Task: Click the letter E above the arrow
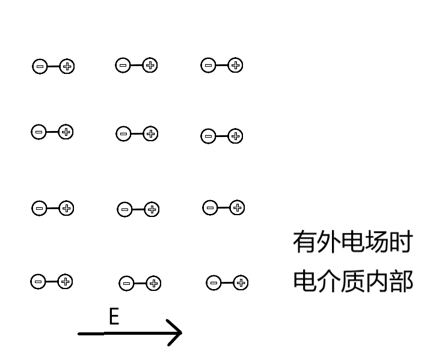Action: click(x=114, y=317)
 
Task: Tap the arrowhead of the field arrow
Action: click(x=177, y=332)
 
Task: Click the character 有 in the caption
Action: click(x=304, y=242)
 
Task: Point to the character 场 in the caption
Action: click(x=377, y=242)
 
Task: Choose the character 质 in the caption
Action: click(x=353, y=281)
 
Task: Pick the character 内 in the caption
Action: click(x=377, y=281)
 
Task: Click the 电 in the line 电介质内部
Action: click(x=304, y=281)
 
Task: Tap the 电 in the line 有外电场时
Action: click(x=353, y=242)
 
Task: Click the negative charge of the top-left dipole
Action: click(x=40, y=67)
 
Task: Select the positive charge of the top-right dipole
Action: click(x=236, y=66)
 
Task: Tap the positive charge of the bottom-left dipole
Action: click(x=66, y=281)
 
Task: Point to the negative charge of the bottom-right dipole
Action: click(x=213, y=282)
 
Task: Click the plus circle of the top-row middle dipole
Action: click(x=150, y=66)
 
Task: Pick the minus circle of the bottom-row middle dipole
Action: click(x=126, y=284)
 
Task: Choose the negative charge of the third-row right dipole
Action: click(x=210, y=208)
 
